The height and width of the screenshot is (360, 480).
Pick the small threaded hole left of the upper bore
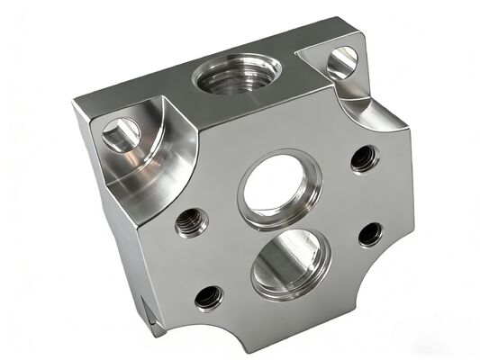tap(190, 222)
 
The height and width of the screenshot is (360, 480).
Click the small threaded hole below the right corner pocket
tap(362, 160)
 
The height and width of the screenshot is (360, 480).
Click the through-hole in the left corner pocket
tap(119, 137)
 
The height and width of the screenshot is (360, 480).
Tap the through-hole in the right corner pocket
tap(342, 60)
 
